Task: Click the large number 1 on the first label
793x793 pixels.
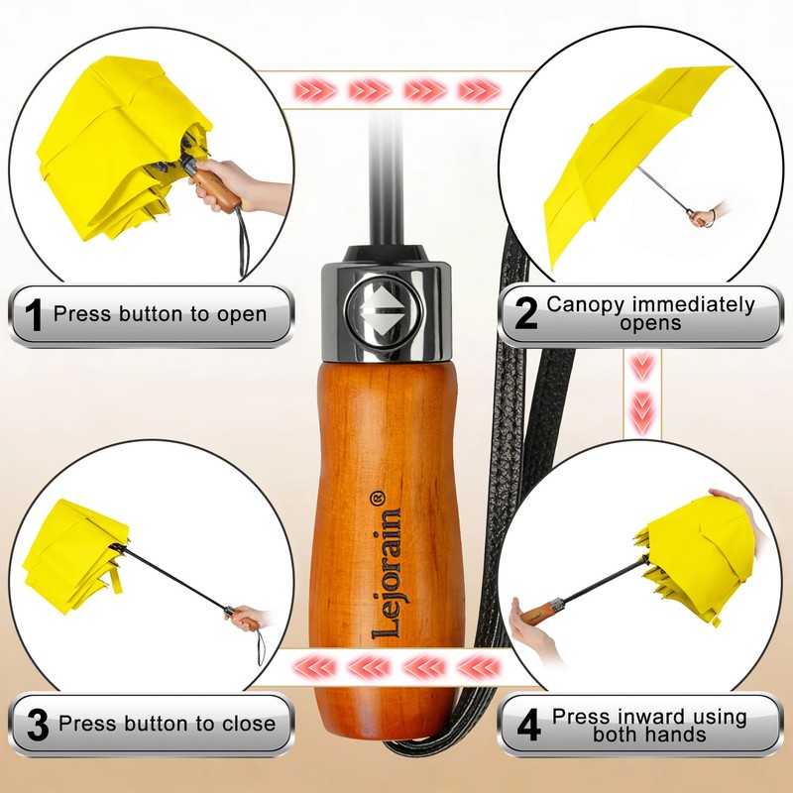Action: pyautogui.click(x=35, y=314)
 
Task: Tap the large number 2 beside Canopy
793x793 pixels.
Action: pyautogui.click(x=525, y=313)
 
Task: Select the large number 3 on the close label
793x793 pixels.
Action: pyautogui.click(x=38, y=726)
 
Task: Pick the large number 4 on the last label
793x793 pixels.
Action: pyautogui.click(x=529, y=726)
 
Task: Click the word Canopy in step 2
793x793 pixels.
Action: pyautogui.click(x=586, y=305)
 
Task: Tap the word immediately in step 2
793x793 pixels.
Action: pyautogui.click(x=694, y=304)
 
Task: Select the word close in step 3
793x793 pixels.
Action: pyautogui.click(x=249, y=724)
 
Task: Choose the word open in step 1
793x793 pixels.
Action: pyautogui.click(x=242, y=314)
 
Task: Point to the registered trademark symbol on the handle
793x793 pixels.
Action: pyautogui.click(x=379, y=498)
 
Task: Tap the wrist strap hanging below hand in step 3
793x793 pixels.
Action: pyautogui.click(x=260, y=646)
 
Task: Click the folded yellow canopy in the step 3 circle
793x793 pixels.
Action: pyautogui.click(x=76, y=556)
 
